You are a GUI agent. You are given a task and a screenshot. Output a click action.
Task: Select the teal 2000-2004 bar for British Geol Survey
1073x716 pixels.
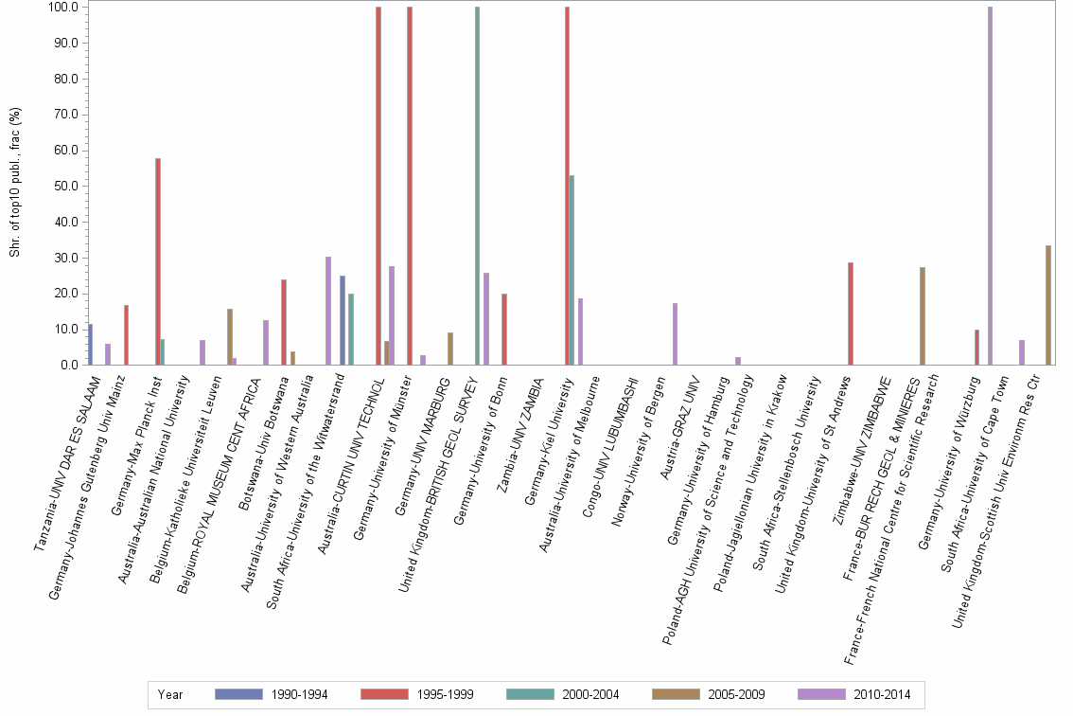pos(477,186)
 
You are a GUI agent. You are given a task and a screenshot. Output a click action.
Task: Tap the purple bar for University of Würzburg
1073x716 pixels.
pos(990,186)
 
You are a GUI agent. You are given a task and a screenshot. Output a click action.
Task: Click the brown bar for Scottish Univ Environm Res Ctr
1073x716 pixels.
pos(1047,305)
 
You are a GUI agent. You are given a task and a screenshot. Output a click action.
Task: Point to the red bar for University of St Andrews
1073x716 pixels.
pos(851,313)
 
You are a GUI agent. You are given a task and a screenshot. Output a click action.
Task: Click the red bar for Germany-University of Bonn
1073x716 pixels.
pos(504,329)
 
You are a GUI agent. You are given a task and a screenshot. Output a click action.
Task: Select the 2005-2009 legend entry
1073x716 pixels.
pos(709,694)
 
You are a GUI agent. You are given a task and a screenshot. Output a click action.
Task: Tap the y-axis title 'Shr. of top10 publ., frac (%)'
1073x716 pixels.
pos(15,185)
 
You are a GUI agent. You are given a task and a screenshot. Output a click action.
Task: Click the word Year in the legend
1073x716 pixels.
pos(171,694)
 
